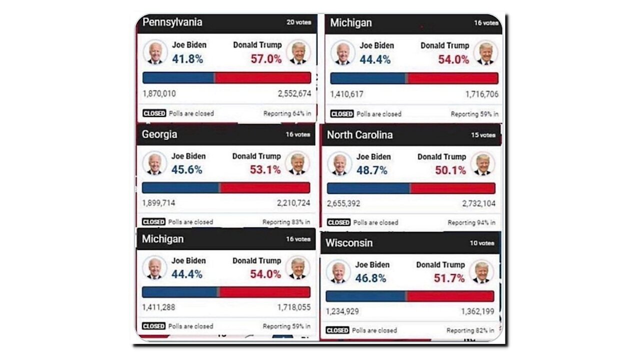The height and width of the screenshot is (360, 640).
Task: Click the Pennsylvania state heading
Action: coord(172,22)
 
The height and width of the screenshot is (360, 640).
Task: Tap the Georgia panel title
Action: coord(159,134)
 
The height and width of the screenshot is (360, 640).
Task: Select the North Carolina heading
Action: coord(359,135)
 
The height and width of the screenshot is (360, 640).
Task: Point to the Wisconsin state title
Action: coord(349,243)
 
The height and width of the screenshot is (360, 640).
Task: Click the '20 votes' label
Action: coord(298,22)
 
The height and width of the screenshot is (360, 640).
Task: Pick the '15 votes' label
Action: coord(483,135)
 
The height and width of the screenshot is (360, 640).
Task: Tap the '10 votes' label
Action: coord(482,243)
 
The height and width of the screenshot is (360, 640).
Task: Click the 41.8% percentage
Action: coord(187,59)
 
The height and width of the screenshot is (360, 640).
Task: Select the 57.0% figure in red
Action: coord(266,59)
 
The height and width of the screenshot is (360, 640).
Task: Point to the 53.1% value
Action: coord(265,170)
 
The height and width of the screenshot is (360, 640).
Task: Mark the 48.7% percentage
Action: coord(371,170)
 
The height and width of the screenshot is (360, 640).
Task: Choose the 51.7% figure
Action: coord(449,278)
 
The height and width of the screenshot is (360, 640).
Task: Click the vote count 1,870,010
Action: coord(159,93)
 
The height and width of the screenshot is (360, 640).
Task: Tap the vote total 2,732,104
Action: coord(478,203)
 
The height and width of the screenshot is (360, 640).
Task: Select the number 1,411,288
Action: coord(158,307)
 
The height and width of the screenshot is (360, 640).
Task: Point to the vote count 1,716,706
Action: coord(481,94)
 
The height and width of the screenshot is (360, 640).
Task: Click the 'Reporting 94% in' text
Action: coord(471,222)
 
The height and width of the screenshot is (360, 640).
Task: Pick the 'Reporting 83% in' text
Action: coord(286,222)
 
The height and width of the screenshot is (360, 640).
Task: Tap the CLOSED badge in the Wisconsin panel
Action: coord(337,330)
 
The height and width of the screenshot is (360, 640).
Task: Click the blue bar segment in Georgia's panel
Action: coord(181,187)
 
